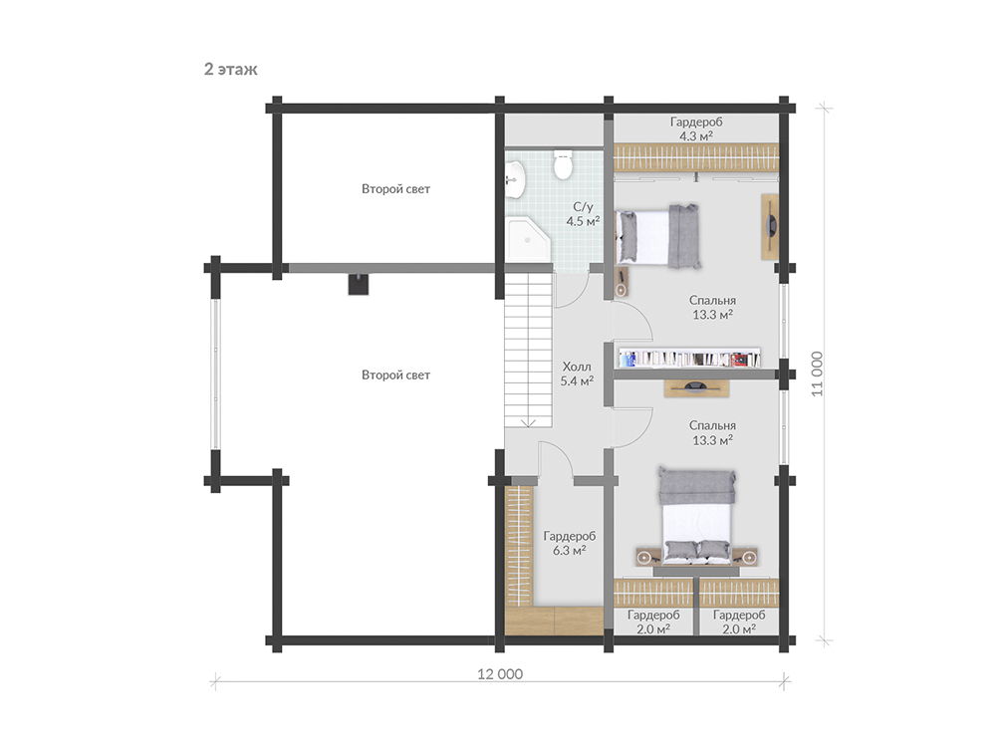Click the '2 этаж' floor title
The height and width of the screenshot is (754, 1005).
point(231,70)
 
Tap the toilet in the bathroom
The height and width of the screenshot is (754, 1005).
point(563,164)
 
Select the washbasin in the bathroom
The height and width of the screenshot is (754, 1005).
point(515,179)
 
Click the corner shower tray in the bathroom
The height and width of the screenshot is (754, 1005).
point(528,239)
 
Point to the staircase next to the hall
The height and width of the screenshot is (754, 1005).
point(528,350)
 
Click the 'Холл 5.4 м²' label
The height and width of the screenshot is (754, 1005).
point(577,374)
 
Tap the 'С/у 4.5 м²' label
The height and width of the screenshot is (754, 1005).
point(583,214)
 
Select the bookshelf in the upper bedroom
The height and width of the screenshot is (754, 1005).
point(689,359)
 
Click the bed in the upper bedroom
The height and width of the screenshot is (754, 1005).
point(657,237)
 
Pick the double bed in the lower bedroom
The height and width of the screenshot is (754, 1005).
point(696,516)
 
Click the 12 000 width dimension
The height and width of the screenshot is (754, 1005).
point(500,674)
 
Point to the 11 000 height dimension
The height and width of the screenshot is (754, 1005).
point(817,374)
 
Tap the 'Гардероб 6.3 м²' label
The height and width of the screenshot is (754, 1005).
point(569,543)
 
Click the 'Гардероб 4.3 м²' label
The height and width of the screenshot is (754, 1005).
point(696,128)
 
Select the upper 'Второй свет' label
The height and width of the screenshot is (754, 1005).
point(395,189)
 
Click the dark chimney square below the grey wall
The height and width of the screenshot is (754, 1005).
point(359,284)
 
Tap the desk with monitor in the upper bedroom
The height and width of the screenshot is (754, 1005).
point(770,226)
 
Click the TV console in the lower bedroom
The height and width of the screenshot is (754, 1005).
point(696,387)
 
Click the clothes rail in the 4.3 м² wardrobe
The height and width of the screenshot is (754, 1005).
point(696,157)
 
